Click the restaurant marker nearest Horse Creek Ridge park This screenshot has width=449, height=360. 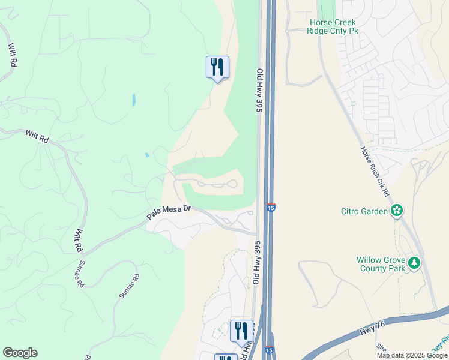pos(217,67)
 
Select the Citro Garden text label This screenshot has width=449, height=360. pos(364,211)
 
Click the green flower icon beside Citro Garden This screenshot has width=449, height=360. pos(396,210)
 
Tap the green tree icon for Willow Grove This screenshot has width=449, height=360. pos(414,263)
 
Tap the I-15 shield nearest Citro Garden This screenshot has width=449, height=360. pos(271,208)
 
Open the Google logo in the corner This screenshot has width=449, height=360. pos(20,353)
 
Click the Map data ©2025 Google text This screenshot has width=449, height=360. pos(412,355)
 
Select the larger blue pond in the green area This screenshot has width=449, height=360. pos(133,99)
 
